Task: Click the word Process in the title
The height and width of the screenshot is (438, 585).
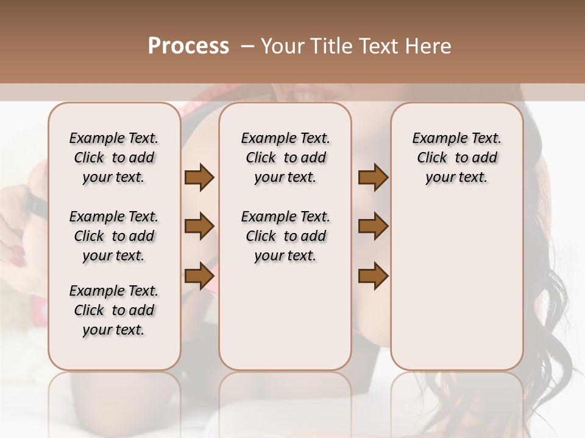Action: tap(188, 46)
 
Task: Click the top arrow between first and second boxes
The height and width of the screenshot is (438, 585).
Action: tap(199, 178)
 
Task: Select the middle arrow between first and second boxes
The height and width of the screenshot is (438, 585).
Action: tap(199, 227)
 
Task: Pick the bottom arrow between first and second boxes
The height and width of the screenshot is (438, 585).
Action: tap(199, 276)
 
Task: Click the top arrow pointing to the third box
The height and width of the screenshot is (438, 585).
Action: tap(373, 178)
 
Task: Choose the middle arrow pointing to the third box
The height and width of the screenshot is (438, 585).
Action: tap(373, 227)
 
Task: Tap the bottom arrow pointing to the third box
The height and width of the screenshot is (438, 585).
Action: tap(373, 276)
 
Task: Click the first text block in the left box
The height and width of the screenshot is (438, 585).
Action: tap(114, 158)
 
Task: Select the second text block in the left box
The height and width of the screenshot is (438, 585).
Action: tap(114, 236)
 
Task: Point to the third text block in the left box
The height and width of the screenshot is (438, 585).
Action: tap(114, 310)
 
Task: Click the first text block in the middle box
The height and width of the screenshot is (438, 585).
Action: tap(285, 158)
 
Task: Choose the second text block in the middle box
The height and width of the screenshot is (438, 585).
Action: tap(285, 236)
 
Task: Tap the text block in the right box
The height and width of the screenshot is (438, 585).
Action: tap(457, 158)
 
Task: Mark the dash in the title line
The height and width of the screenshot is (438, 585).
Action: tap(248, 46)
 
